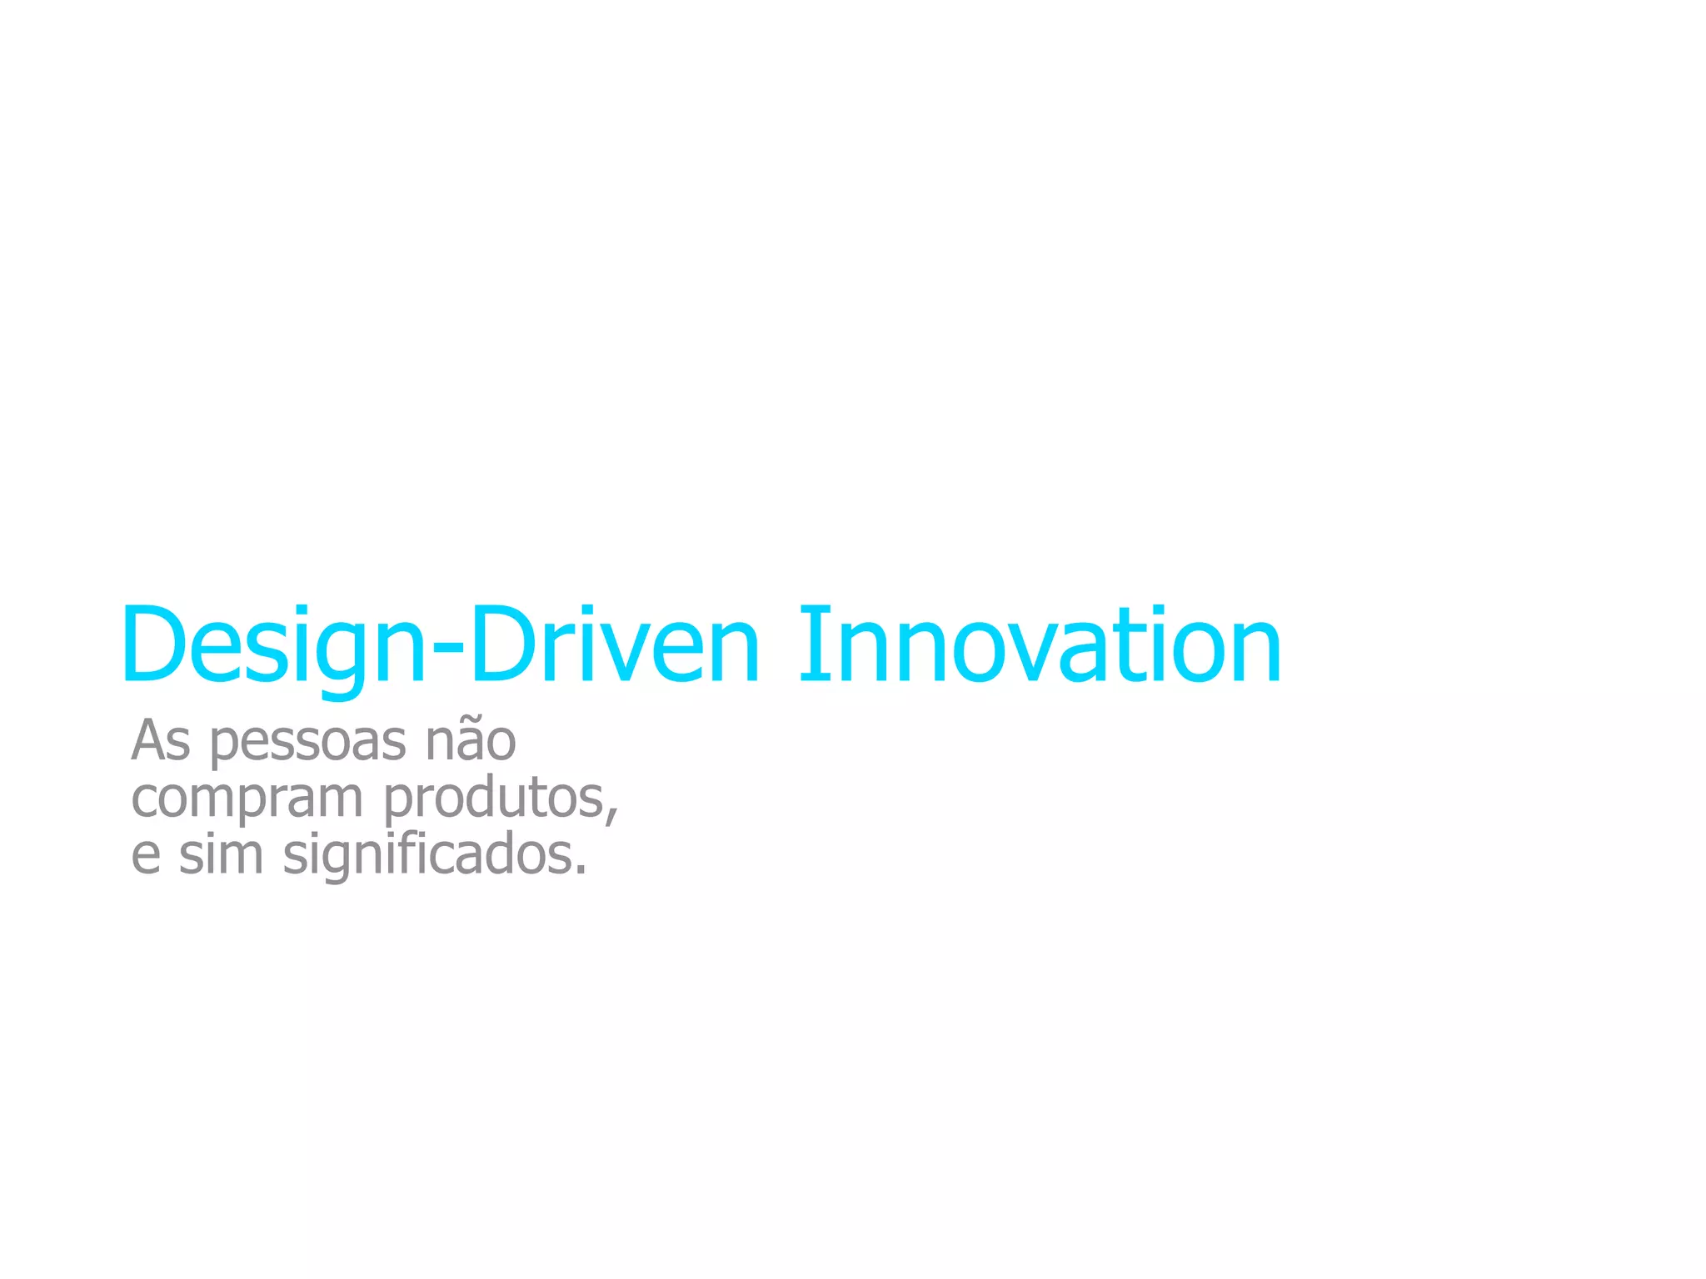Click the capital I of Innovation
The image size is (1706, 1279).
click(x=809, y=644)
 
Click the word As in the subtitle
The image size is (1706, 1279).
click(x=161, y=740)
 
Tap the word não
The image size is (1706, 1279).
click(x=471, y=740)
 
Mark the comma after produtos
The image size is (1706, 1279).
click(x=614, y=815)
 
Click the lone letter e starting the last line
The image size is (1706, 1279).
click(x=146, y=856)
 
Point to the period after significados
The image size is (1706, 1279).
click(x=581, y=869)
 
